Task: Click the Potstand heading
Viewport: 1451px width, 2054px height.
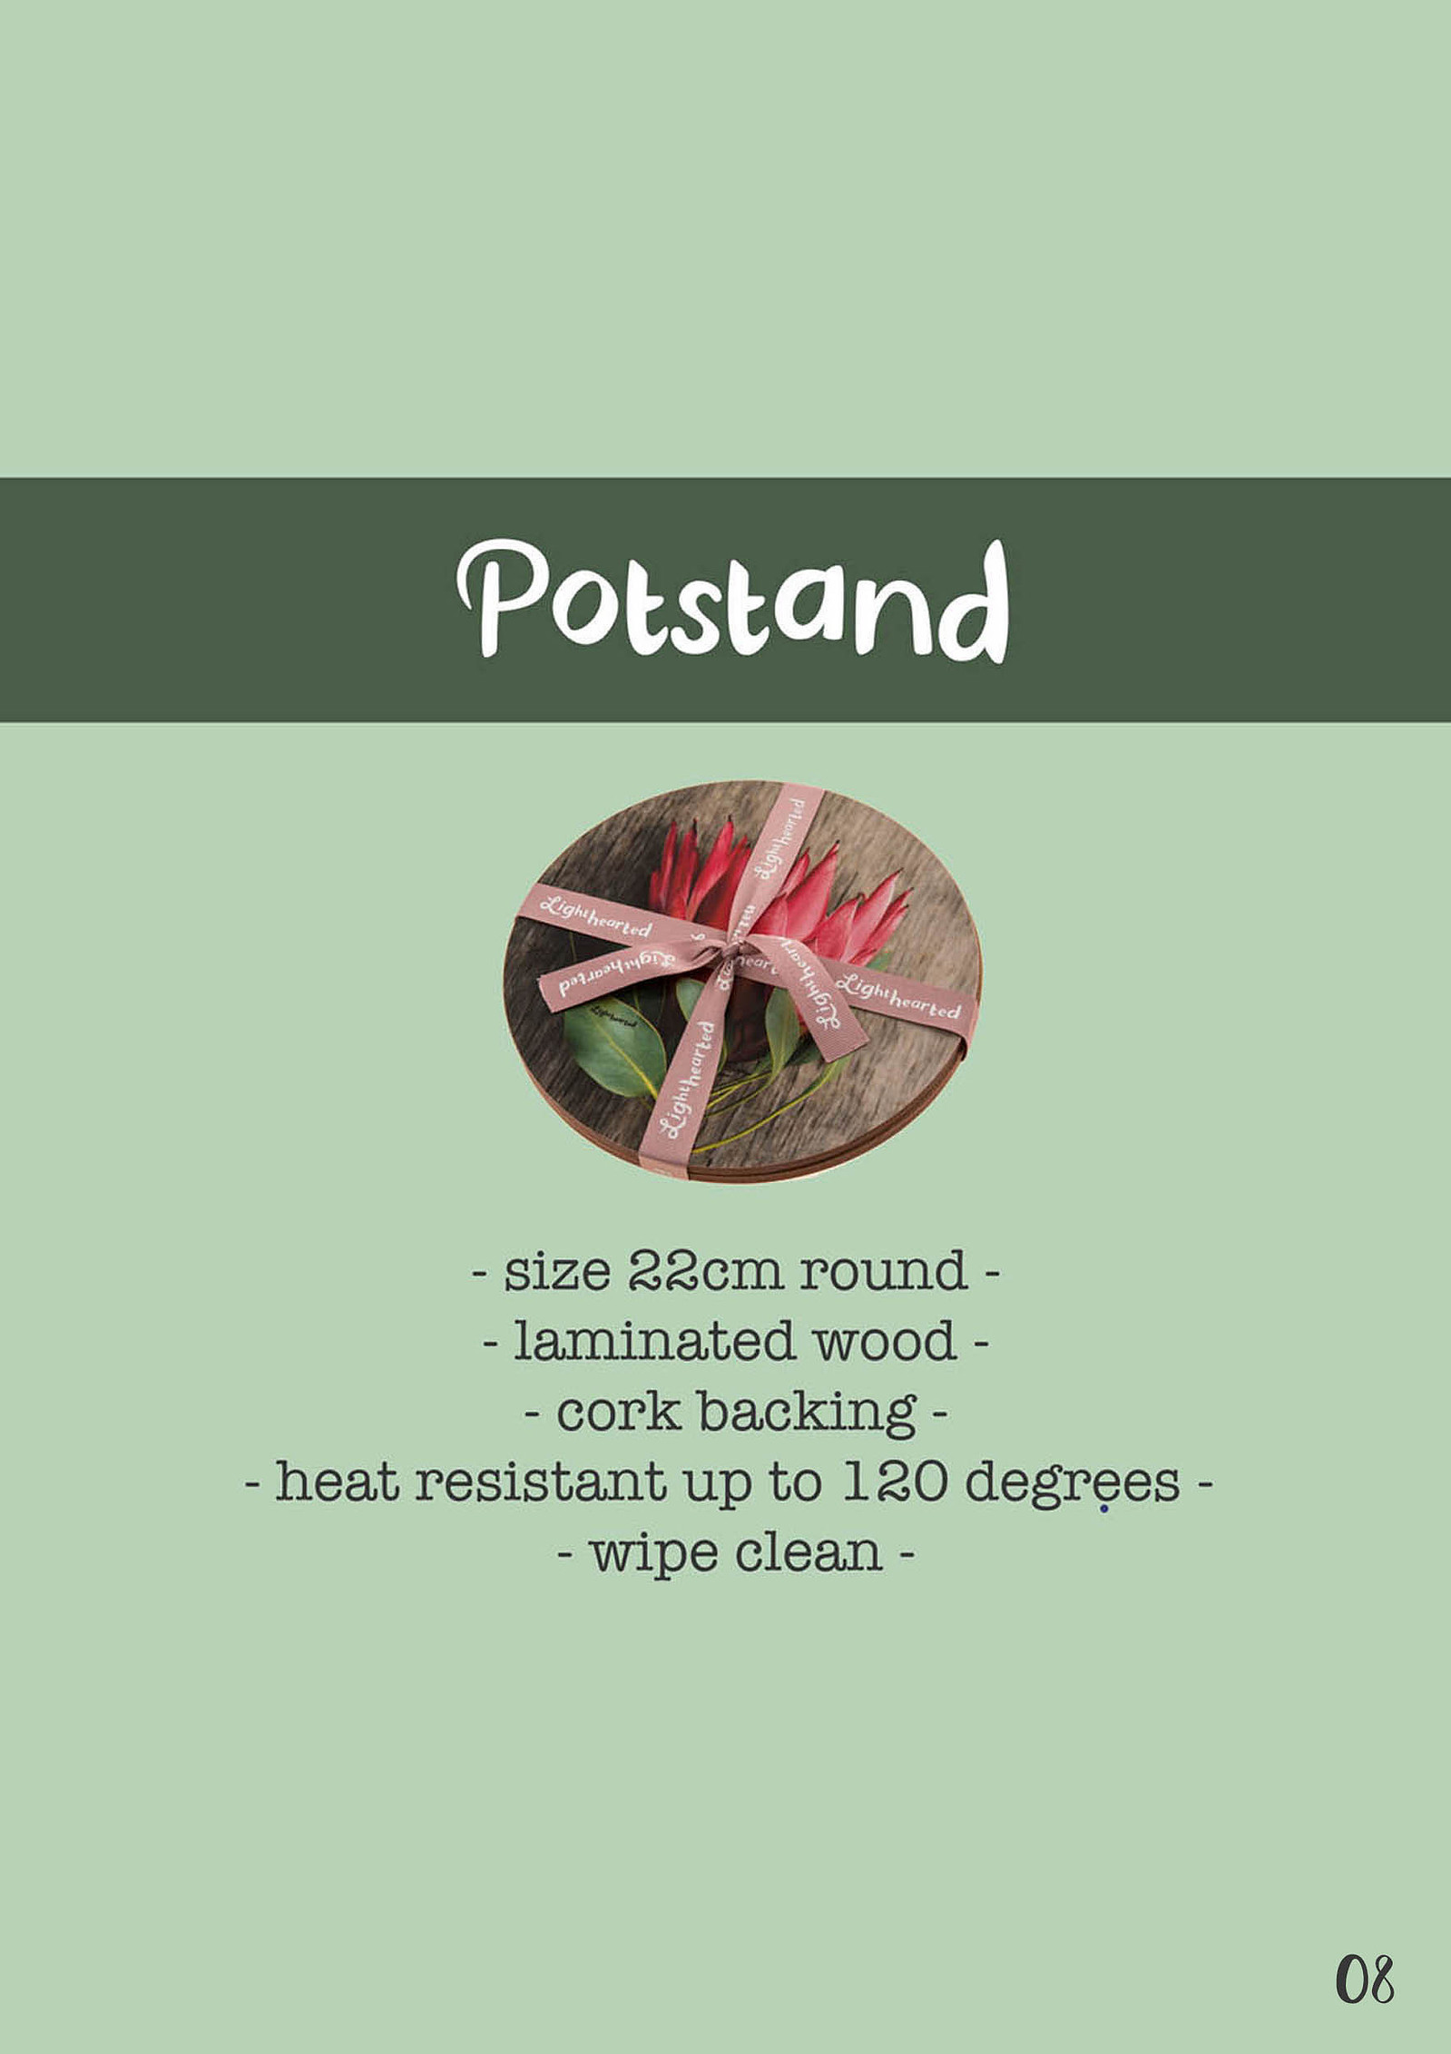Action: click(x=732, y=599)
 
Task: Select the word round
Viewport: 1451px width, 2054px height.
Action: click(x=882, y=1272)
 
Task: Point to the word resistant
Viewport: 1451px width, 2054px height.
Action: click(x=541, y=1482)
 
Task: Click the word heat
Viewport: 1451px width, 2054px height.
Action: click(x=337, y=1482)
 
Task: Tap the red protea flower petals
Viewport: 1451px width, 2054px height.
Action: click(x=780, y=889)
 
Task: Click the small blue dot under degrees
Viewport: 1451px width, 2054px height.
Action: click(x=1103, y=1510)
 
